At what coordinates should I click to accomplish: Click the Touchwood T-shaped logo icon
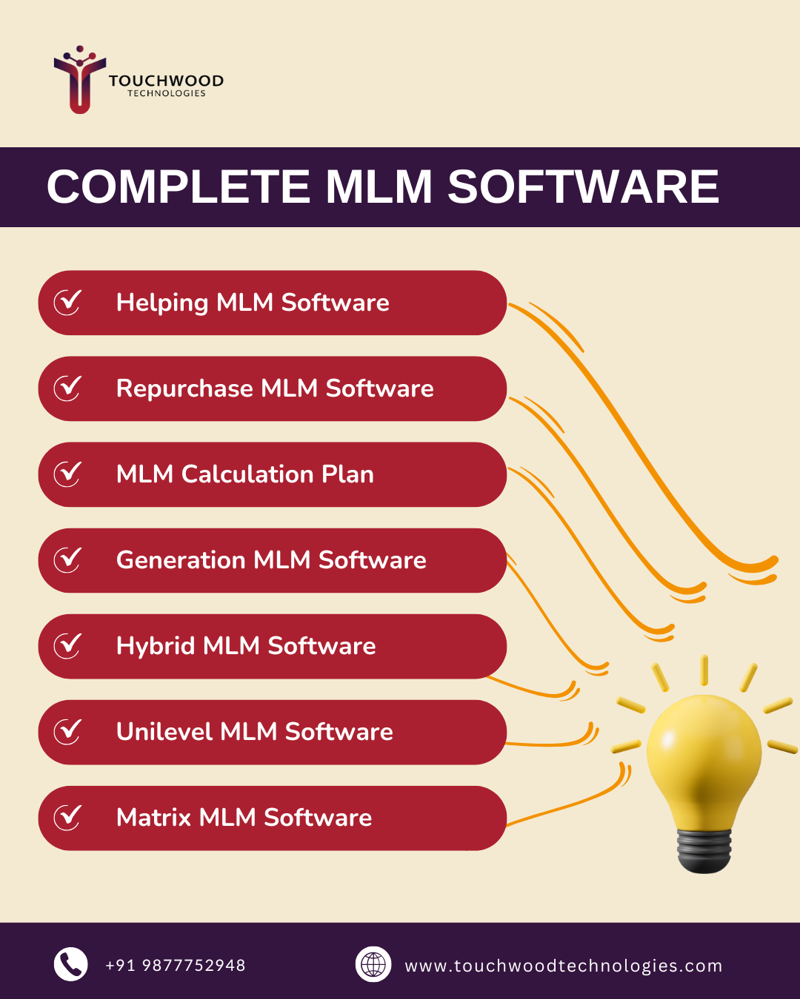79,81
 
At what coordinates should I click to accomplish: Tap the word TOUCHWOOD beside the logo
166,81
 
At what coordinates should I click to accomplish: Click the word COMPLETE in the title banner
178,186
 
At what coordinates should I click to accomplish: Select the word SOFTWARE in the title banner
583,186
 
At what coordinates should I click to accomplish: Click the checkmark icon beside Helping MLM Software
67,302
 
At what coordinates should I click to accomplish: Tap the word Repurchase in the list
184,388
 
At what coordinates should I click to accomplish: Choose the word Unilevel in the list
164,732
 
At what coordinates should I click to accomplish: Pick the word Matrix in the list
154,818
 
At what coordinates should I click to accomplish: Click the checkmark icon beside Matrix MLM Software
67,817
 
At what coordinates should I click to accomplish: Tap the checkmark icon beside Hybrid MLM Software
67,645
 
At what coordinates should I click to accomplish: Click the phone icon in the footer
71,964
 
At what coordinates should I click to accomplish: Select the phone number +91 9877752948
176,966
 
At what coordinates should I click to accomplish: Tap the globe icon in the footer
373,964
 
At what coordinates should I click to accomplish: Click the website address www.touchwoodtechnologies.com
563,966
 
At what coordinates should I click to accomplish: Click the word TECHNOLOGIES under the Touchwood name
167,94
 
